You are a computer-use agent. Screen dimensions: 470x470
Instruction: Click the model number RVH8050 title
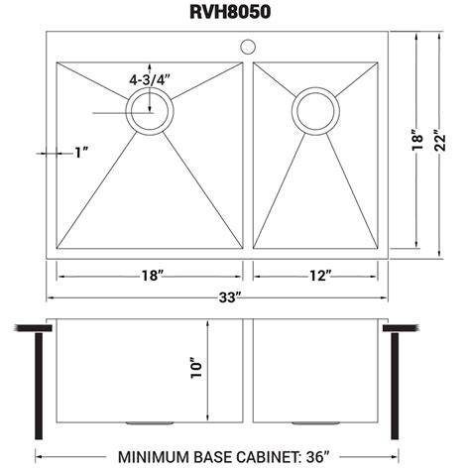click(230, 12)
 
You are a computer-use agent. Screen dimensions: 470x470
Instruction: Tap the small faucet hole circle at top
click(247, 47)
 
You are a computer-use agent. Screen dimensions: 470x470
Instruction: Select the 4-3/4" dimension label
click(150, 80)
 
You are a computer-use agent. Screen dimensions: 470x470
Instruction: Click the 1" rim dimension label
click(81, 153)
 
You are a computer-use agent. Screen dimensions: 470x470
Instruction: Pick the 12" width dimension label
click(320, 276)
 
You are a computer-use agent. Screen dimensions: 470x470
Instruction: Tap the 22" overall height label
click(440, 143)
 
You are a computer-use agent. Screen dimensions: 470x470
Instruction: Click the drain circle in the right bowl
click(315, 110)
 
